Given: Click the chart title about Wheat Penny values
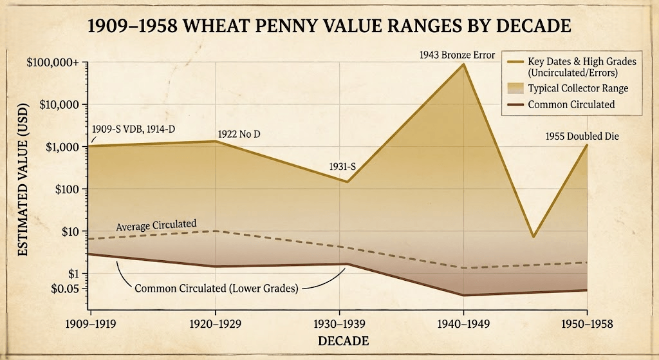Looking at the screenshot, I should (329, 27).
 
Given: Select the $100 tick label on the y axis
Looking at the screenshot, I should (65, 189).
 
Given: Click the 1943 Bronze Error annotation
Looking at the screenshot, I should (457, 55).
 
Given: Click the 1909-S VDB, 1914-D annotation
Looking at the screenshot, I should (133, 129).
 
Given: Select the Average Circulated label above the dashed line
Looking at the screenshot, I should (156, 225).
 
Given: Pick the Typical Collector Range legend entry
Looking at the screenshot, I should (568, 88).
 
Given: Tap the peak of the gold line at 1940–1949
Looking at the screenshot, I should (463, 64).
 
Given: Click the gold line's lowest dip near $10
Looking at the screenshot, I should (533, 237).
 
